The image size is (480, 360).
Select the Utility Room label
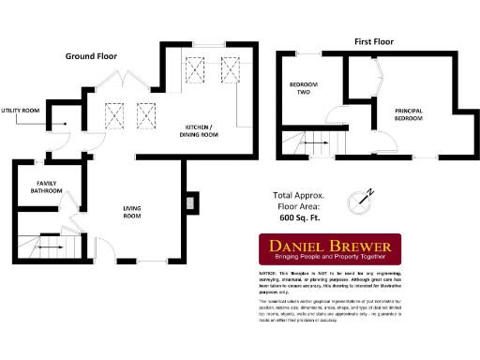(21, 111)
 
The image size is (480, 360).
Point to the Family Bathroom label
(42, 187)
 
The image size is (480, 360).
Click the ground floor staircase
(49, 247)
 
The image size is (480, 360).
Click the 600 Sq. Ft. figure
(300, 217)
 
